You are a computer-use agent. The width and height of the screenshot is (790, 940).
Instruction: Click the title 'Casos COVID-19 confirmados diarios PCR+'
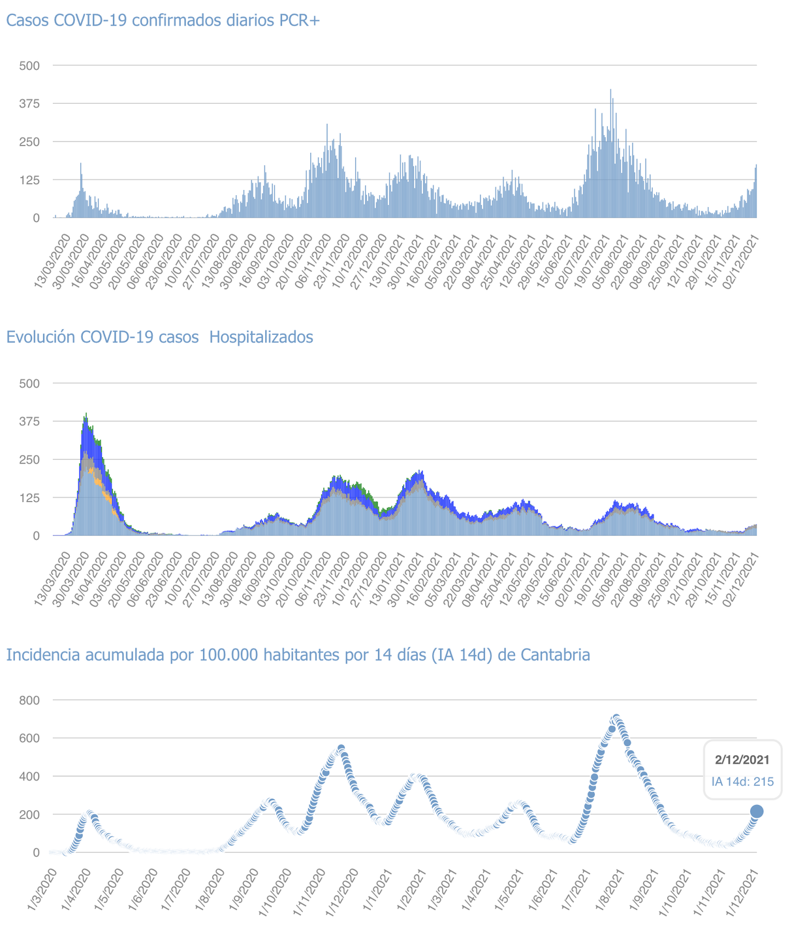(163, 20)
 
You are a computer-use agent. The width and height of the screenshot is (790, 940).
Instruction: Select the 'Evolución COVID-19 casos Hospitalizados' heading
(159, 337)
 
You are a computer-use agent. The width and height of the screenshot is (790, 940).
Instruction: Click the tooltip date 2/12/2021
(742, 760)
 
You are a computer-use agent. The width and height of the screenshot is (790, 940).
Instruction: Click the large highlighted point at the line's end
(757, 811)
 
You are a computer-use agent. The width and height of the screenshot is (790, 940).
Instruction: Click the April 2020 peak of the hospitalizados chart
(86, 414)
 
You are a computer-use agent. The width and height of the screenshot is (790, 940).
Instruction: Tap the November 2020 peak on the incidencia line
(341, 748)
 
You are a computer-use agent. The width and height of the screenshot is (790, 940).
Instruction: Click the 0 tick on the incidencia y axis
(37, 853)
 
